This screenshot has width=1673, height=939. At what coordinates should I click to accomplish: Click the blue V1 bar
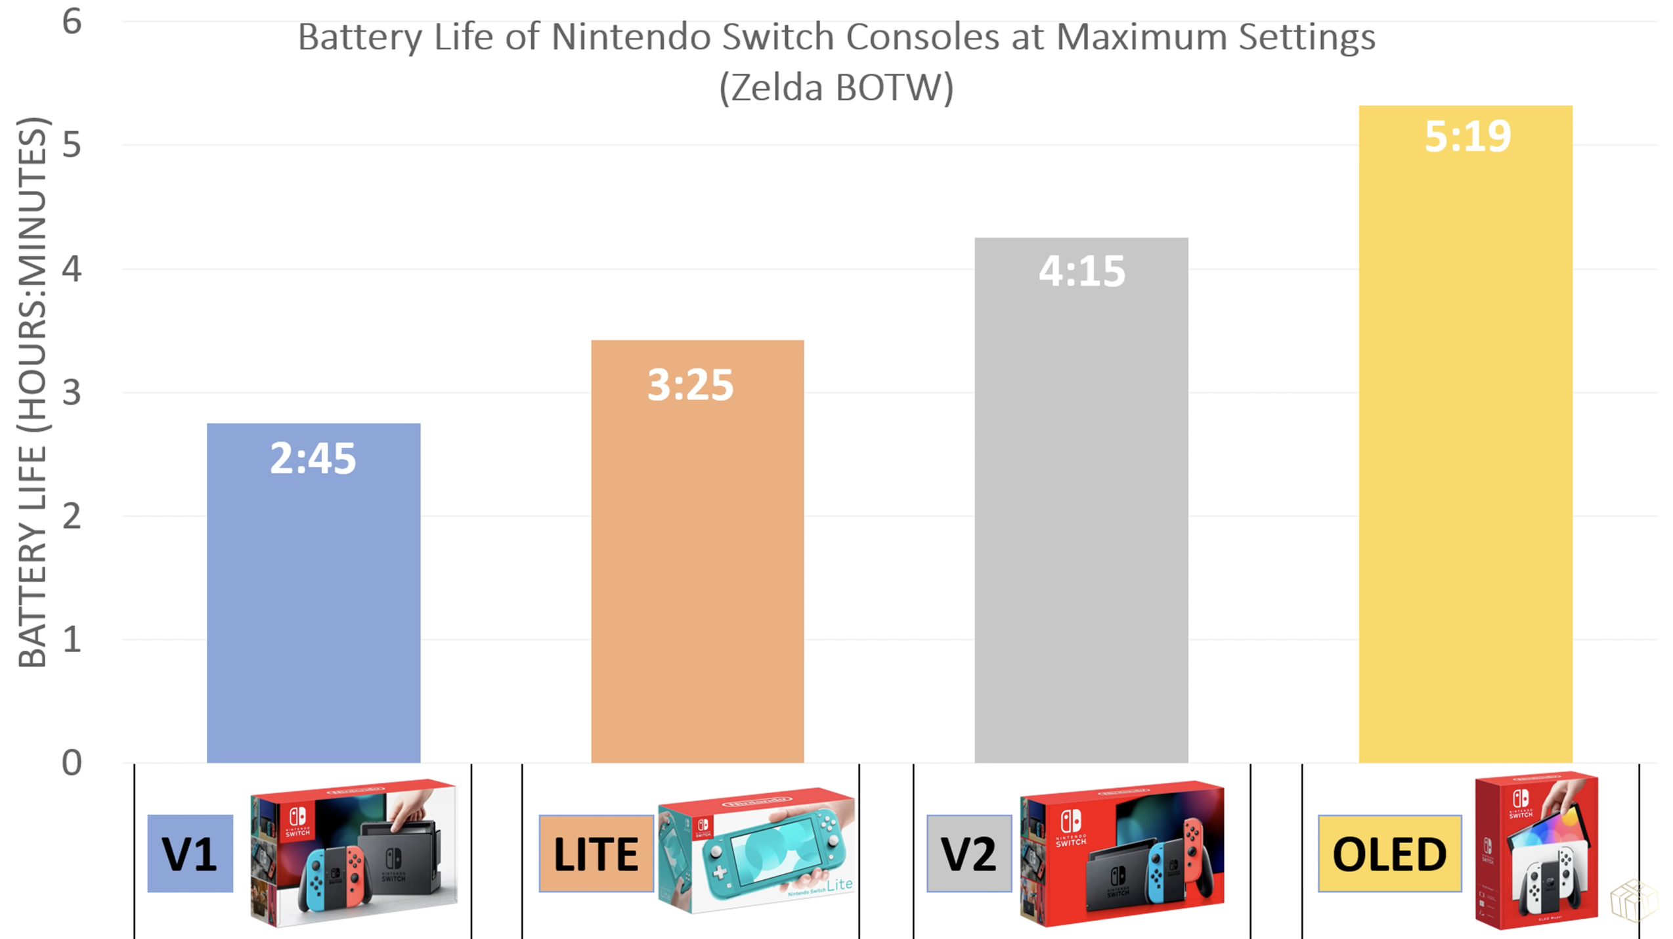pyautogui.click(x=313, y=611)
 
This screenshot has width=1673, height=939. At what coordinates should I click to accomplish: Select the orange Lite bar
pyautogui.click(x=697, y=578)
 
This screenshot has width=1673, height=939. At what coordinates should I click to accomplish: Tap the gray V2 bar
pyautogui.click(x=1081, y=525)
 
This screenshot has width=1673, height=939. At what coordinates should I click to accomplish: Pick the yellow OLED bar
pyautogui.click(x=1465, y=460)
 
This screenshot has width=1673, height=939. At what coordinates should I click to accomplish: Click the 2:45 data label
pyautogui.click(x=313, y=458)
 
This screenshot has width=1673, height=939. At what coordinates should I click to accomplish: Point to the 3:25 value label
pyautogui.click(x=690, y=385)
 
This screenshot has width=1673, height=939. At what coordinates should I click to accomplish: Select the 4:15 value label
pyautogui.click(x=1081, y=271)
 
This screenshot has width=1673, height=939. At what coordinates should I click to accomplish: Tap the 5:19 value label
pyautogui.click(x=1467, y=137)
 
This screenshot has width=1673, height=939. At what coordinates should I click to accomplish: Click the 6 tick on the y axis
pyautogui.click(x=72, y=22)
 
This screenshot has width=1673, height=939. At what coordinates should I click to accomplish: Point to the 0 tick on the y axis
pyautogui.click(x=72, y=763)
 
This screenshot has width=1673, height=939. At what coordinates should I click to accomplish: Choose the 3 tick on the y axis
pyautogui.click(x=72, y=393)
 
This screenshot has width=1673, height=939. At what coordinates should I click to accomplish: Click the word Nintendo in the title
pyautogui.click(x=632, y=37)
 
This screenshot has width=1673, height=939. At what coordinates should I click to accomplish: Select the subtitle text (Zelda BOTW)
pyautogui.click(x=836, y=87)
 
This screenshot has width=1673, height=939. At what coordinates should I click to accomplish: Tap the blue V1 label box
pyautogui.click(x=190, y=854)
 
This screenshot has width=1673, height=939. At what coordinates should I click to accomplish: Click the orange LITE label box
pyautogui.click(x=596, y=854)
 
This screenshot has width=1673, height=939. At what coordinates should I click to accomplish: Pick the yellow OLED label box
pyautogui.click(x=1389, y=854)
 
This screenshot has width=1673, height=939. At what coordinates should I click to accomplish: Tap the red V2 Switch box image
pyautogui.click(x=1121, y=854)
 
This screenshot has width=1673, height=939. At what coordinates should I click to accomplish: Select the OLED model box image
pyautogui.click(x=1536, y=851)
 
